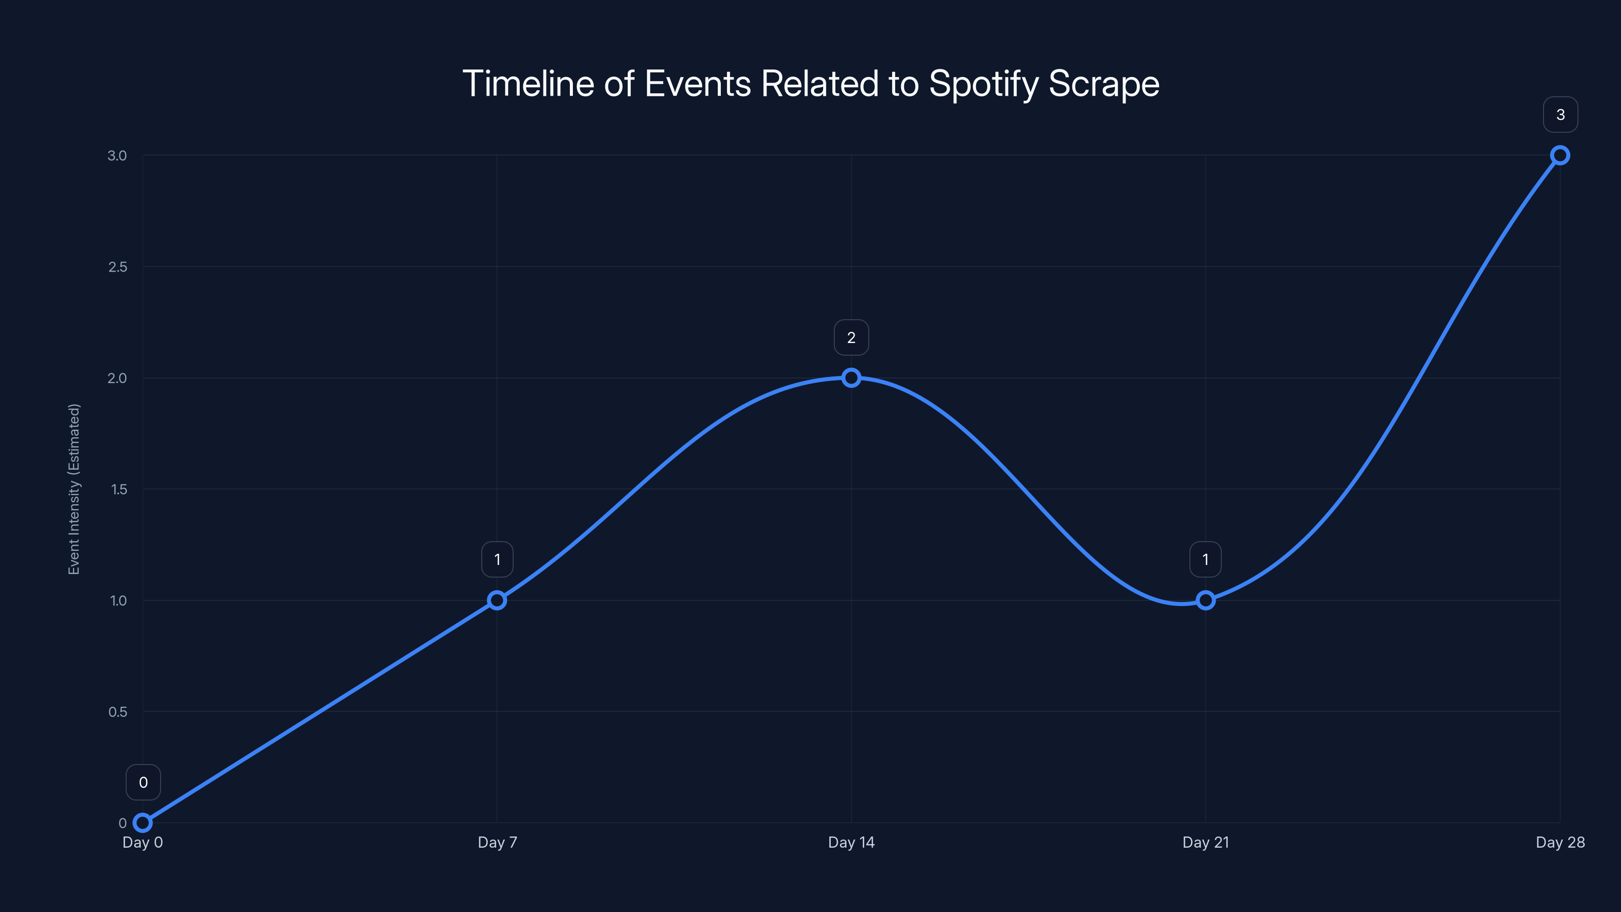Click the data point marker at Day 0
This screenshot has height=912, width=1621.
coord(143,823)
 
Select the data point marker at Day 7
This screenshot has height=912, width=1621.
coord(497,600)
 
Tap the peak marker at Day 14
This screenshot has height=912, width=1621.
coord(852,377)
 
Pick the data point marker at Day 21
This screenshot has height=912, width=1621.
coord(1206,600)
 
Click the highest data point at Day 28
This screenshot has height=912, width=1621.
coord(1560,156)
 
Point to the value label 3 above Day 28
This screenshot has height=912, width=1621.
coord(1560,115)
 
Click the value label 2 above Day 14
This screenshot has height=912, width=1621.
coord(852,338)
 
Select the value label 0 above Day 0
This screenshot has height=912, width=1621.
coord(143,782)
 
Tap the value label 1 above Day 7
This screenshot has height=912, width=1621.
coord(497,559)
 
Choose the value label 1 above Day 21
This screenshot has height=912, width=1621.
coord(1206,559)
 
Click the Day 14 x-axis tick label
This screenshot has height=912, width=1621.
coord(852,842)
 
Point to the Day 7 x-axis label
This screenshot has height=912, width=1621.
coord(497,842)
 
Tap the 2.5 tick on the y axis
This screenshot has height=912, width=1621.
coord(118,267)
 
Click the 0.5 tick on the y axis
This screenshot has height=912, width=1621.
coord(118,712)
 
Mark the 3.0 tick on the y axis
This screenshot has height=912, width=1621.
coord(117,156)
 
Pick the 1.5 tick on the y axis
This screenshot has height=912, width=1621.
coord(119,489)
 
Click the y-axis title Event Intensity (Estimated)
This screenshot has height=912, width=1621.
coord(74,489)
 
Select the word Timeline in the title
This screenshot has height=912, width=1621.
coord(528,84)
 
